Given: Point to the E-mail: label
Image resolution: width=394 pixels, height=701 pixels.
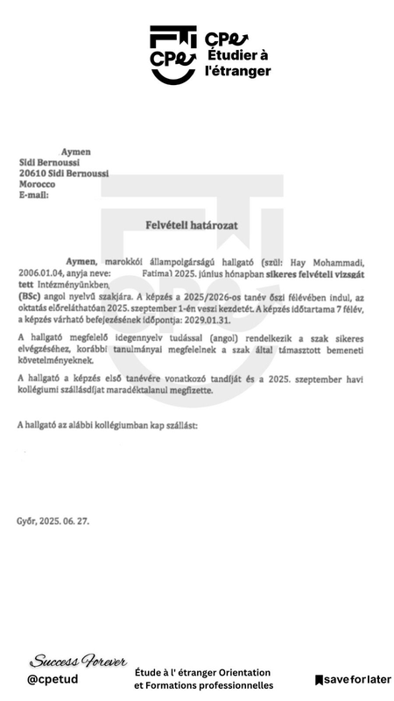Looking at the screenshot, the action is point(35,195).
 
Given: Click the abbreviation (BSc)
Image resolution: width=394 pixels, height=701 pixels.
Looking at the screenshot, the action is point(32,298).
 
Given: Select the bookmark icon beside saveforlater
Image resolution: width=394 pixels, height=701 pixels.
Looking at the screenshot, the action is point(320,679).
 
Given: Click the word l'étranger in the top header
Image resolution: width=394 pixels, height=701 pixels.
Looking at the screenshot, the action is point(237,71).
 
